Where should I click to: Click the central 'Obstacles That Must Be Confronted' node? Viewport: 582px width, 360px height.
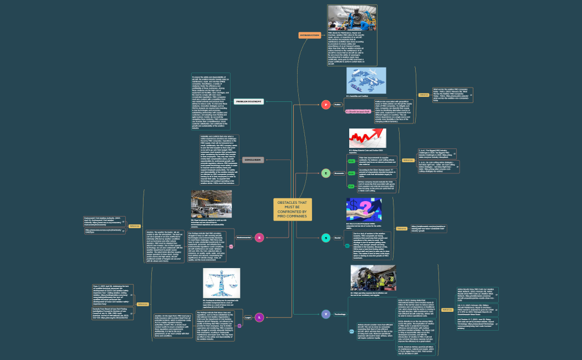coord(292,208)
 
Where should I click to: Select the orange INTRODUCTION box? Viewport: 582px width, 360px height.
coord(309,35)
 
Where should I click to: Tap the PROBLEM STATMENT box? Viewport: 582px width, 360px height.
coord(248,101)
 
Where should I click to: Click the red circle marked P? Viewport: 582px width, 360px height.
coord(326,104)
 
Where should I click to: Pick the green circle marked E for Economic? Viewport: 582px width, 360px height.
coord(326,173)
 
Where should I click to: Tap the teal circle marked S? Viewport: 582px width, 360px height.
coord(326,238)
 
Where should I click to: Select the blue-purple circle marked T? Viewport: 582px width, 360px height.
coord(326,314)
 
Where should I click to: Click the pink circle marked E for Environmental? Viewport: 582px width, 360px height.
coord(258,238)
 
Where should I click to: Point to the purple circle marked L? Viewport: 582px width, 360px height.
coord(259,317)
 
